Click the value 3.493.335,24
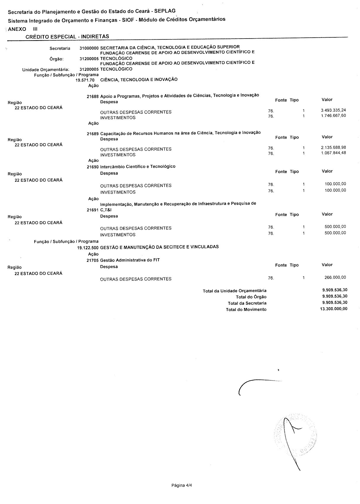(333, 110)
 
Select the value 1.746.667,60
(333, 116)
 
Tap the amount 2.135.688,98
(333, 148)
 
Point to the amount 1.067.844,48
(333, 153)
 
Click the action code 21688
(92, 96)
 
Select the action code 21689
(92, 134)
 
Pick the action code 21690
(92, 167)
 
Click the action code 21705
(92, 260)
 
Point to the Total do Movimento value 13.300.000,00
(334, 309)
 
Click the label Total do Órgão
(251, 297)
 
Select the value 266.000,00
(335, 277)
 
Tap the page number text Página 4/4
(182, 486)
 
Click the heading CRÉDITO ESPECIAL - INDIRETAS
(67, 36)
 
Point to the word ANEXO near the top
(17, 29)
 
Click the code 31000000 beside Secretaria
(89, 48)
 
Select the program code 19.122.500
(88, 248)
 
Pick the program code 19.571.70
(85, 80)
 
